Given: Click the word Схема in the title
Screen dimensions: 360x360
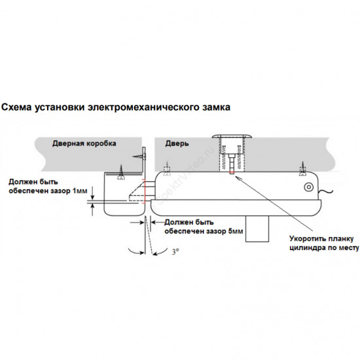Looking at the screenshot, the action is (16, 107).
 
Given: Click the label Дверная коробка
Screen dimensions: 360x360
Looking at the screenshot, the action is (84, 143).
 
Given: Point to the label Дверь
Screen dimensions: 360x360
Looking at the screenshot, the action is (177, 143).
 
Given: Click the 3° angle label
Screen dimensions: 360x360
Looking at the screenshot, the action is (175, 251).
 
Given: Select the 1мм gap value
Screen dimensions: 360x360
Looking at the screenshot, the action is (80, 190).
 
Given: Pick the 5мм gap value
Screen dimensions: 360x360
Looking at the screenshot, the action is (236, 231).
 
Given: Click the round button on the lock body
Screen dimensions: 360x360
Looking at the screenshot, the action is (309, 187).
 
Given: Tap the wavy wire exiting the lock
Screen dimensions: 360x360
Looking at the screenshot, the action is (325, 191).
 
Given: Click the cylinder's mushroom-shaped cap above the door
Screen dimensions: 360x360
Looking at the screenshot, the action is (232, 136).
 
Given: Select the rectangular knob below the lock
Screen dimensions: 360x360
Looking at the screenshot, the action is (257, 228).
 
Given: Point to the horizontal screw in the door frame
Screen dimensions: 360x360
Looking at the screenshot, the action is (139, 156).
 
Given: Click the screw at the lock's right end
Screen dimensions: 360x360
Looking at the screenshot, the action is (303, 170).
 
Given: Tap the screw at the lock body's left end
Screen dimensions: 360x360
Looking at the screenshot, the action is (167, 170).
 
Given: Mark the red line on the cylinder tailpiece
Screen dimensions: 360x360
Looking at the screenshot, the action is (232, 172).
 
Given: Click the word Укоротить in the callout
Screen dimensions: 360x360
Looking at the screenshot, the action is (306, 239).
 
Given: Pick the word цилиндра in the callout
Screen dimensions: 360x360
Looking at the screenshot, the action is (304, 248).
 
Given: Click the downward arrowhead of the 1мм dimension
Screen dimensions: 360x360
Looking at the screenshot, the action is (92, 197).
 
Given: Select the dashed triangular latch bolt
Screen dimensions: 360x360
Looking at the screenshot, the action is (137, 190).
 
